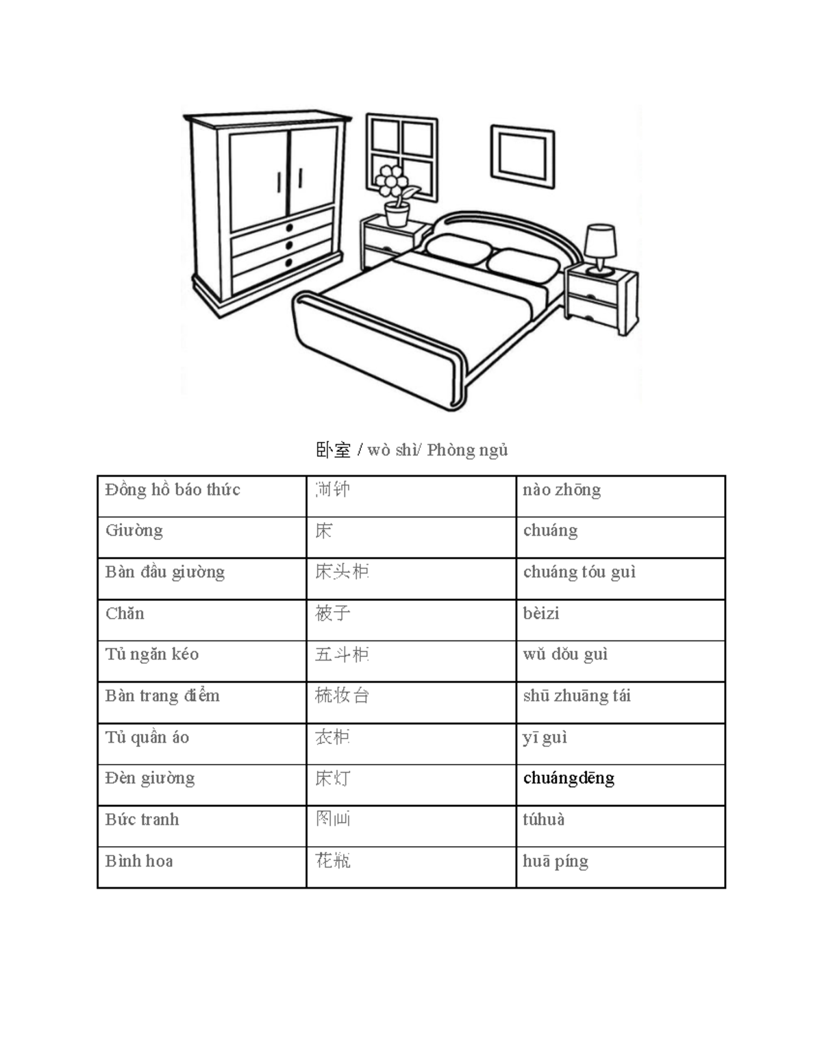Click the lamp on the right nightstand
coord(600,247)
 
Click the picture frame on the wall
coord(523,156)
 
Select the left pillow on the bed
coord(455,249)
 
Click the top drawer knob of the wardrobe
coord(289,227)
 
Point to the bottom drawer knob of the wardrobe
coord(288,262)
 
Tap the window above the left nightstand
coord(401,156)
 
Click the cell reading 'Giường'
coord(134,531)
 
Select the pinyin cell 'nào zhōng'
coord(562,490)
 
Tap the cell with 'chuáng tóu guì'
coord(580,572)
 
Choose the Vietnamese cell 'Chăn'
coord(125,613)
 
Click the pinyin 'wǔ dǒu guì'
coord(566,654)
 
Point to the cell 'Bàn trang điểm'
coord(162,696)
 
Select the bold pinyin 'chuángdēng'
coord(569,778)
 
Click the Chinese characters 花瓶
coord(333,861)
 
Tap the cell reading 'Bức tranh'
coord(142,819)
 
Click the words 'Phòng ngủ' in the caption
coord(467,450)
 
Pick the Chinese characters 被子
coord(333,613)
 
